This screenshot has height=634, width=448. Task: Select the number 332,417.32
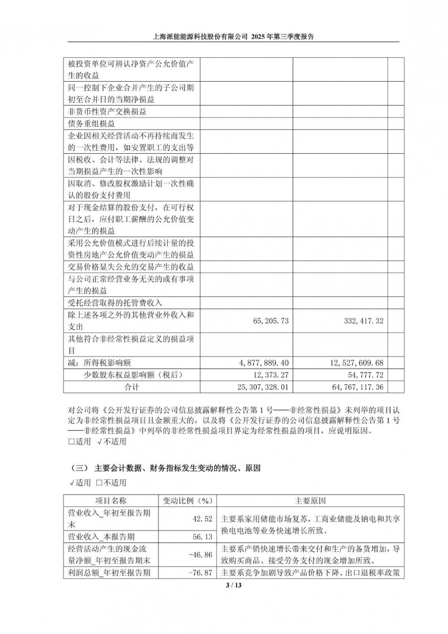pyautogui.click(x=363, y=321)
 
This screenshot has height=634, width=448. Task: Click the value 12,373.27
pyautogui.click(x=271, y=375)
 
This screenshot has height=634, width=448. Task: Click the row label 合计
pyautogui.click(x=131, y=387)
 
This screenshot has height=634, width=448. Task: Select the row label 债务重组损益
pyautogui.click(x=91, y=123)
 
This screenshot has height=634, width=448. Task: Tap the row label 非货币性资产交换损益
pyautogui.click(x=107, y=111)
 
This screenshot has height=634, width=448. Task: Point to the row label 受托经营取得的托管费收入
pyautogui.click(x=115, y=303)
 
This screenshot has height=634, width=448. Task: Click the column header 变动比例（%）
pyautogui.click(x=187, y=501)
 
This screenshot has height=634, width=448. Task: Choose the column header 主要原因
pyautogui.click(x=310, y=501)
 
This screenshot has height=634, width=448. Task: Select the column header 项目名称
pyautogui.click(x=111, y=501)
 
